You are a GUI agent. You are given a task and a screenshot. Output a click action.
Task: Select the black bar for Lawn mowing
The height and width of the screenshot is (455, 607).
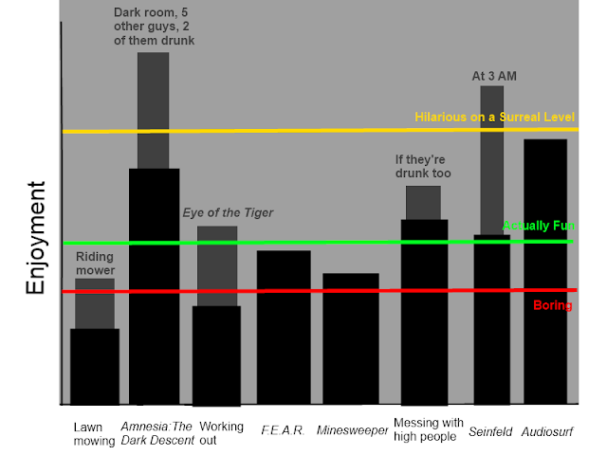tap(95, 366)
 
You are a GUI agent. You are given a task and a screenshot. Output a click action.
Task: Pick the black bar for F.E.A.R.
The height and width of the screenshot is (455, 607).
tap(284, 327)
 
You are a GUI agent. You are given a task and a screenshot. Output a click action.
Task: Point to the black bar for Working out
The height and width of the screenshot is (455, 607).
tap(216, 355)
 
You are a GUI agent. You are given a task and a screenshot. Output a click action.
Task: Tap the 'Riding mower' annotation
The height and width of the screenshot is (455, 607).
tap(95, 263)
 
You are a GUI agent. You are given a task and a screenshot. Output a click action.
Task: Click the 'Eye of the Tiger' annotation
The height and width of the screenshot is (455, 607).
tap(228, 212)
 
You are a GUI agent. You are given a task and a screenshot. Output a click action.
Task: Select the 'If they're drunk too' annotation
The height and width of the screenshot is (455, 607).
tap(423, 166)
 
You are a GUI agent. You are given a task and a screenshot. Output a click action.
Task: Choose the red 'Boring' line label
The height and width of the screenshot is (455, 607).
tap(553, 305)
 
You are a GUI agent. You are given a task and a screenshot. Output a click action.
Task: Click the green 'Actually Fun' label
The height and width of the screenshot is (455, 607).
tap(538, 226)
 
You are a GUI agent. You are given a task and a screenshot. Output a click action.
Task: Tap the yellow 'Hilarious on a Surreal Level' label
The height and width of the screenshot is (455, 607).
tap(494, 117)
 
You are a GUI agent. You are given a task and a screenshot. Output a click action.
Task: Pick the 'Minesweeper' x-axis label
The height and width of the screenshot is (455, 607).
tap(353, 430)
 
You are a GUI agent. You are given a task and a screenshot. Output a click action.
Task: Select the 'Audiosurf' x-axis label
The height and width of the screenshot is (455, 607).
tap(547, 432)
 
